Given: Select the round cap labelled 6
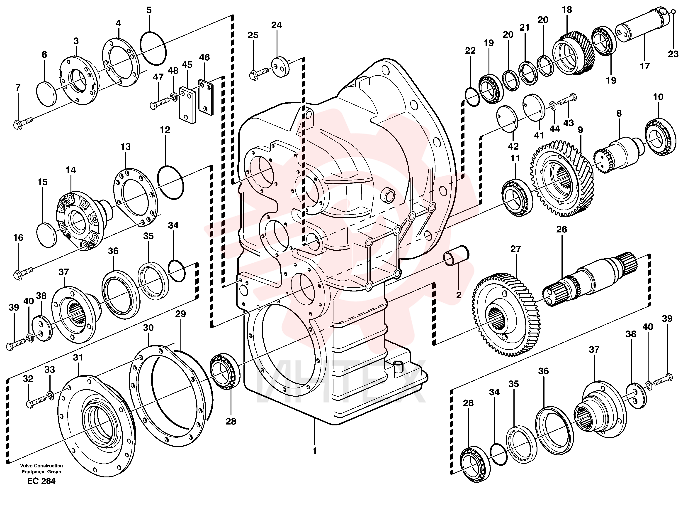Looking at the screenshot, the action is pos(47,94).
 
